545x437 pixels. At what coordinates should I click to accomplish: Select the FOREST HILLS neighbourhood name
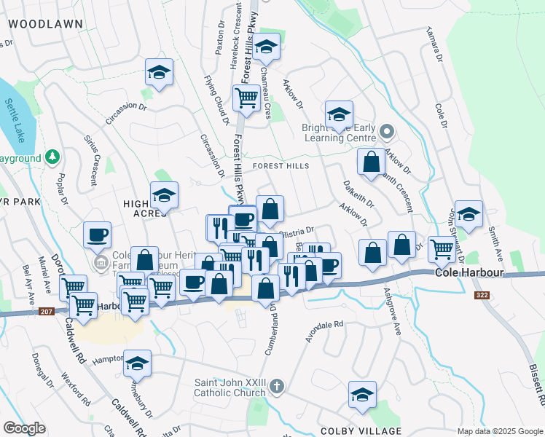pos(281,166)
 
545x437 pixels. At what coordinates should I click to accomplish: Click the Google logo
pos(24,428)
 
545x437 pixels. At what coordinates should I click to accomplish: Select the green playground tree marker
pos(52,157)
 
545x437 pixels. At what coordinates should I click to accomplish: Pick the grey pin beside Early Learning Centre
pos(387,133)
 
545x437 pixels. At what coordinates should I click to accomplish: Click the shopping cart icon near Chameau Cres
pos(247,98)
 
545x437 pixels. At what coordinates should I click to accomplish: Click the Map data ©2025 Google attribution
pos(499,431)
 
